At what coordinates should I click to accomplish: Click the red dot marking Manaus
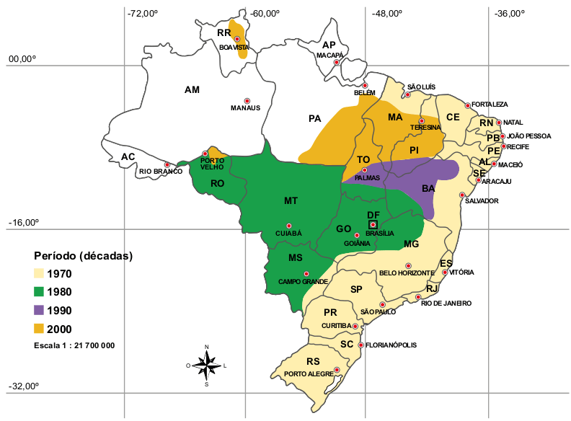(x=247, y=101)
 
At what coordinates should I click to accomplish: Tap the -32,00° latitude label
(x=23, y=386)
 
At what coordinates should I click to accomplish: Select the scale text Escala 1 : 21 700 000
(x=74, y=346)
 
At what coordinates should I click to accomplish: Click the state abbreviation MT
(x=291, y=200)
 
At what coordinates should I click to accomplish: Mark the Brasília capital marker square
(x=373, y=225)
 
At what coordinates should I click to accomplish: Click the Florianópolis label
(x=391, y=345)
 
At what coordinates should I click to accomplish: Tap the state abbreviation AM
(x=192, y=90)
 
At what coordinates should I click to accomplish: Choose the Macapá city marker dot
(x=336, y=63)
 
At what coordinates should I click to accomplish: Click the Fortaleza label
(x=491, y=105)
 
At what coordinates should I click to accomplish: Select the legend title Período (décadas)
(x=84, y=256)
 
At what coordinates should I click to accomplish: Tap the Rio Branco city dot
(x=167, y=164)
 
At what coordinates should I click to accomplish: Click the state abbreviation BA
(x=428, y=188)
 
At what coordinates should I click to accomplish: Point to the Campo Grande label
(x=304, y=281)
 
